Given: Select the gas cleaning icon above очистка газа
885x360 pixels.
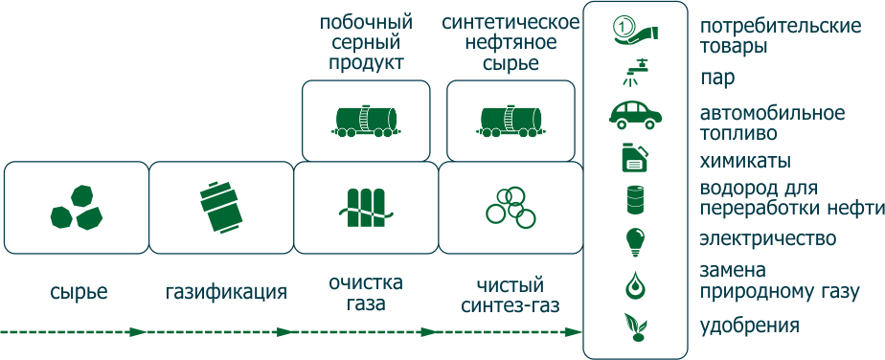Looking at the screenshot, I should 365,208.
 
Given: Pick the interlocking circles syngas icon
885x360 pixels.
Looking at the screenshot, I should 510,207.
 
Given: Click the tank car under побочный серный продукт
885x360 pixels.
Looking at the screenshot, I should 365,119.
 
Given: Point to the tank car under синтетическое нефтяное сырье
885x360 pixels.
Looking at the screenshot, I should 511,119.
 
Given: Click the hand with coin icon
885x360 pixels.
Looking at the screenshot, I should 634,30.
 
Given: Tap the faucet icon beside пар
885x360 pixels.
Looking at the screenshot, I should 634,73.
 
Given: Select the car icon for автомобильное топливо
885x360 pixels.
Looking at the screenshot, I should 634,114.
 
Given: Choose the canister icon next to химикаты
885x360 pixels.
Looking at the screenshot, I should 634,157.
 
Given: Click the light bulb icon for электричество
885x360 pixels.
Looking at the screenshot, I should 634,240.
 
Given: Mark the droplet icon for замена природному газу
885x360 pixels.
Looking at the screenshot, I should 634,283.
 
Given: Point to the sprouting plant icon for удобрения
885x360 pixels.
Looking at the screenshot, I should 634,326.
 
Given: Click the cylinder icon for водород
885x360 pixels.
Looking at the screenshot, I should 634,199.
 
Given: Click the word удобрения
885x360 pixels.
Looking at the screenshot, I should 749,326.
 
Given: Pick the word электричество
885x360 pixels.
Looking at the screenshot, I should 769,238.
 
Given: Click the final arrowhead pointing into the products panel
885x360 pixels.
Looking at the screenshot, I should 576,331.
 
